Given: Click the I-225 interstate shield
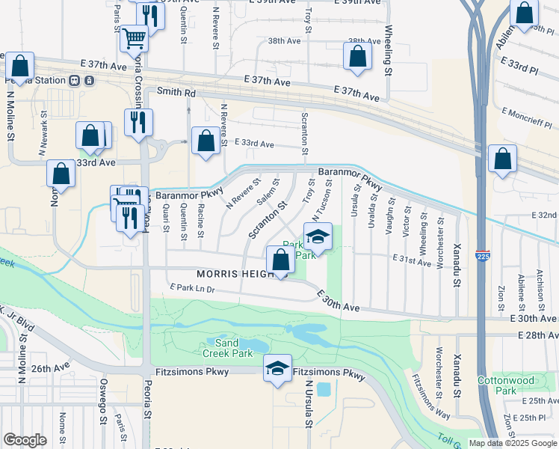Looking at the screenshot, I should pyautogui.click(x=485, y=256).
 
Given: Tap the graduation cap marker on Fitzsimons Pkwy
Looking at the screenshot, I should pyautogui.click(x=277, y=368).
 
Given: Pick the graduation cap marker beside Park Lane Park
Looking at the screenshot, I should pyautogui.click(x=318, y=236).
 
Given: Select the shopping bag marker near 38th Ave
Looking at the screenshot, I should pyautogui.click(x=358, y=55).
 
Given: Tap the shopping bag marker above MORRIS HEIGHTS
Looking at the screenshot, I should pyautogui.click(x=280, y=261).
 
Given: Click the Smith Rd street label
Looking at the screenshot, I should pyautogui.click(x=176, y=93).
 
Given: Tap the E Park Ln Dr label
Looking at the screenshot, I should pyautogui.click(x=192, y=287).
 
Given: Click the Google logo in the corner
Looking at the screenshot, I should pyautogui.click(x=25, y=440).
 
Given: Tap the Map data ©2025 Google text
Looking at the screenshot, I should pyautogui.click(x=513, y=443).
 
